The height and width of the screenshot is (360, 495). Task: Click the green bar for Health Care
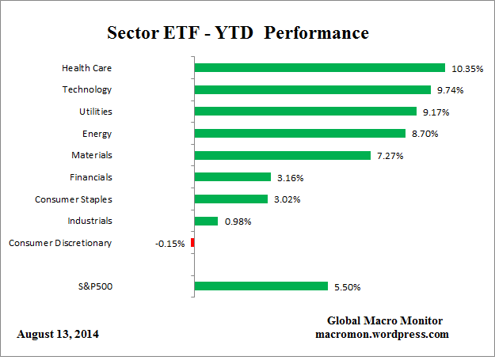click(319, 68)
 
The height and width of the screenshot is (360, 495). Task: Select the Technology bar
click(312, 90)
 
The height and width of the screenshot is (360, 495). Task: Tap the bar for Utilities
click(305, 112)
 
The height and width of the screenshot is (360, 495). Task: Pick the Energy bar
click(299, 134)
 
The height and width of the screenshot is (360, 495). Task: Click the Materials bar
click(282, 156)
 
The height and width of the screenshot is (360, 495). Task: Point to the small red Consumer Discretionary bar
click(192, 243)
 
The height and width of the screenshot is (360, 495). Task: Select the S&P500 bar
click(261, 286)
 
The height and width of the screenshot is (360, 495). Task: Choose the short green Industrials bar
click(206, 222)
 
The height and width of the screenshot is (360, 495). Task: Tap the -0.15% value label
click(170, 244)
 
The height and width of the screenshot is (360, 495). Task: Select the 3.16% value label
click(291, 178)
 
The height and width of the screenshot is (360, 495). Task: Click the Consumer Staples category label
click(73, 199)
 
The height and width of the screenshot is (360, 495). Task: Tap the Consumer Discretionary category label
click(60, 243)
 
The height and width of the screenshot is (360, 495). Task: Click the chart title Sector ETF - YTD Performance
click(238, 34)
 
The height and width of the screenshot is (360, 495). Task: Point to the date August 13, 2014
click(58, 334)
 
